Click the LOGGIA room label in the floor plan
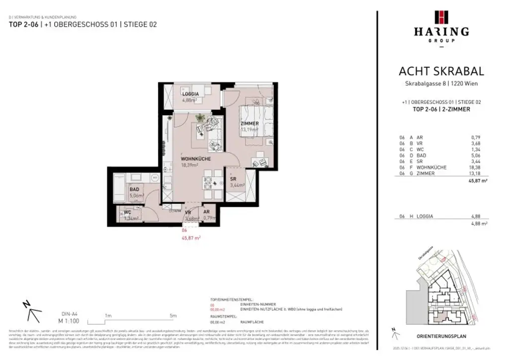click(x=190, y=94)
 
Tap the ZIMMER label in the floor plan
click(x=250, y=123)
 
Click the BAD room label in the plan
click(x=135, y=189)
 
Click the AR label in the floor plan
click(x=207, y=211)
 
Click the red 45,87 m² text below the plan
click(x=191, y=238)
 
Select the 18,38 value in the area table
click(x=476, y=168)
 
